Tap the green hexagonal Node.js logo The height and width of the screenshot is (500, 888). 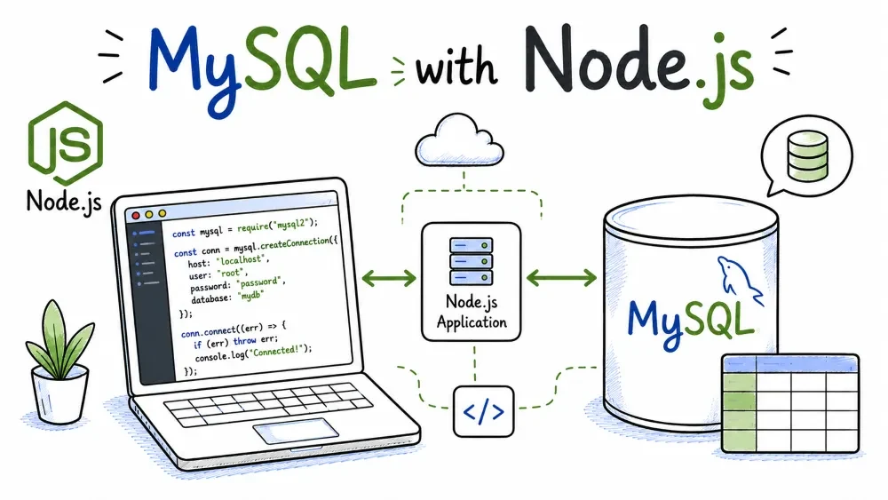point(66,143)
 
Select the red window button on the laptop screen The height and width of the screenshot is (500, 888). point(136,216)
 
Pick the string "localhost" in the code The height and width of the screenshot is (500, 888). point(242,260)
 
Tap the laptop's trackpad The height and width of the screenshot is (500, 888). point(296,431)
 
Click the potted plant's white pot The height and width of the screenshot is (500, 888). point(59,394)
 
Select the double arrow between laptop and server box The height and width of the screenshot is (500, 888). point(389,278)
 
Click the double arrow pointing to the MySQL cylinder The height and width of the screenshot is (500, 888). point(561,277)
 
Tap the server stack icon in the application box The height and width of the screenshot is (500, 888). point(472,261)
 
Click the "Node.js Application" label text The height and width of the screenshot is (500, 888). point(472,312)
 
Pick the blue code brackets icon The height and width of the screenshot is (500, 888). point(483,412)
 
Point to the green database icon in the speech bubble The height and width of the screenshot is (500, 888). point(807,155)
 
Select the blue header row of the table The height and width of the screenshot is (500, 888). point(790,364)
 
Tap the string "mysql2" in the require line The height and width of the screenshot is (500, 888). point(291,224)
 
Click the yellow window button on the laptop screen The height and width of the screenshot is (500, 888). point(149,215)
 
